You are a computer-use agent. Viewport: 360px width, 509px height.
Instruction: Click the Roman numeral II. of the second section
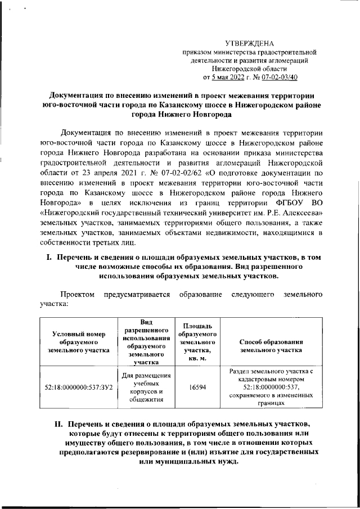click(x=54, y=423)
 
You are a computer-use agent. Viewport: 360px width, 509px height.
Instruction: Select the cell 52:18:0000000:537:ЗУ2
click(x=79, y=388)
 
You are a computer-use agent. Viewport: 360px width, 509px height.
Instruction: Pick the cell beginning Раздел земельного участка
click(x=271, y=388)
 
